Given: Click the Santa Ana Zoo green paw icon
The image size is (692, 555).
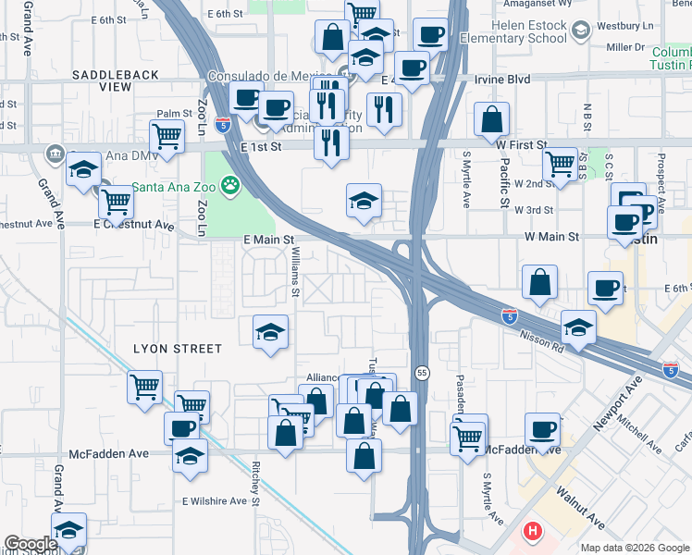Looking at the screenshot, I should pyautogui.click(x=229, y=187).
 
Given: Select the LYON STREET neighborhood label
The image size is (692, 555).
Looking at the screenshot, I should pyautogui.click(x=178, y=349).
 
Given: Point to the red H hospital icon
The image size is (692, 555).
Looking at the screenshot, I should pyautogui.click(x=533, y=532).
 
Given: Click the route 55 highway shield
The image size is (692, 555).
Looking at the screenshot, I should pyautogui.click(x=422, y=372).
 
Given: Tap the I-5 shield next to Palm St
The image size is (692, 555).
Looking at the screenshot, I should pyautogui.click(x=222, y=122).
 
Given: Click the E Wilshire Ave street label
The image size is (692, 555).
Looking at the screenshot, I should pyautogui.click(x=214, y=500).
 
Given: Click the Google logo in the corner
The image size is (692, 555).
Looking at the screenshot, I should pyautogui.click(x=31, y=544).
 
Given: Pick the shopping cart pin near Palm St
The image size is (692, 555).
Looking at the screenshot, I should pyautogui.click(x=167, y=137).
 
